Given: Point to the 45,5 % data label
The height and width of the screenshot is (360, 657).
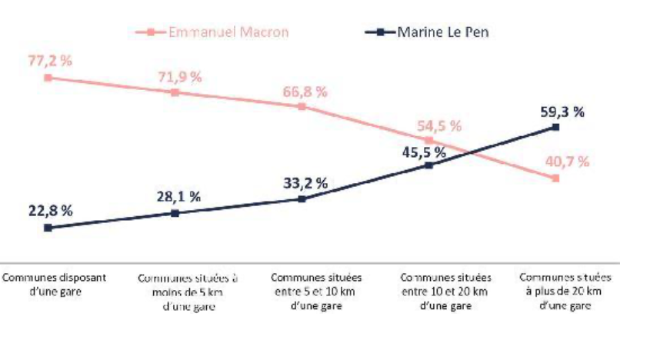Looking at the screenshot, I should pos(419,151).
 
